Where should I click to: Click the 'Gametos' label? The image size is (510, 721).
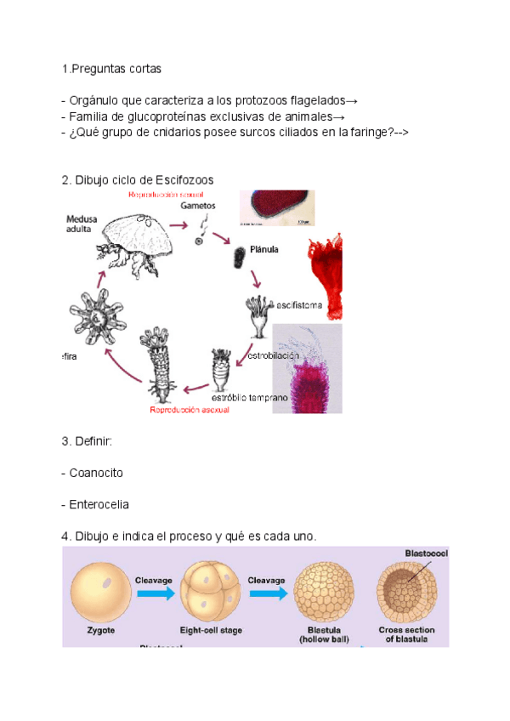point(198,206)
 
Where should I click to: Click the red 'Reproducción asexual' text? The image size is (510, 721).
point(189,409)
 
